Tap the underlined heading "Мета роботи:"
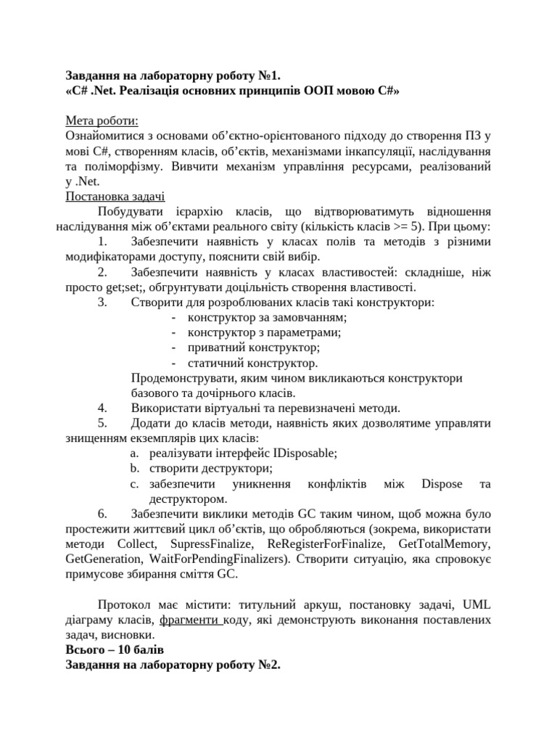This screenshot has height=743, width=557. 102,120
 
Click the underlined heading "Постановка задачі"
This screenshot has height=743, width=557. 115,196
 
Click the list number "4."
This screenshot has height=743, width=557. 102,408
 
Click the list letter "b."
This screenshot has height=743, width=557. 134,468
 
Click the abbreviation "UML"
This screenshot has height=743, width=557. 476,604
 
